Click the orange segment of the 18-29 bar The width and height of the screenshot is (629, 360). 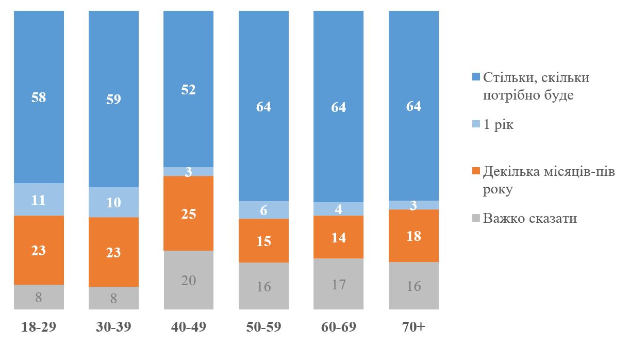click(39, 250)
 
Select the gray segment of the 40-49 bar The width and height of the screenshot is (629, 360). click(189, 280)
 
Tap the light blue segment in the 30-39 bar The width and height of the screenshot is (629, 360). click(114, 202)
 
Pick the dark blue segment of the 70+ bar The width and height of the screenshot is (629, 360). click(413, 106)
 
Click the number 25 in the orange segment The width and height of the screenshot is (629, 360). click(189, 214)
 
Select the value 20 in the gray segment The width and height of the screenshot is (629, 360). click(189, 281)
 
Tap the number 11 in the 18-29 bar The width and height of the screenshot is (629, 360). click(39, 200)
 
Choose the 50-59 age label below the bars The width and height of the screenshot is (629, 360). click(263, 328)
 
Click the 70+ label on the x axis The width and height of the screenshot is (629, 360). click(413, 328)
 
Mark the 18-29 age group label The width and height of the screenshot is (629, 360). click(39, 328)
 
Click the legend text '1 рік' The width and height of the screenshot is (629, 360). click(498, 125)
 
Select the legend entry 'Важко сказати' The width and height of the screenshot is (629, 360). click(529, 219)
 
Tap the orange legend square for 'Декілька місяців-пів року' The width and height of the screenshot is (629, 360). click(476, 171)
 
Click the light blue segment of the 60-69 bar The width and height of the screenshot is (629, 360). click(339, 209)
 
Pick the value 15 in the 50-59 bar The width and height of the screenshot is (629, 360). click(263, 241)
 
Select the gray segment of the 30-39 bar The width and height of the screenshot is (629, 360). click(114, 298)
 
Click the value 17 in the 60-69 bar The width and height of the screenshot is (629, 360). click(339, 284)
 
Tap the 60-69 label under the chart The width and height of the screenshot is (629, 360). click(339, 328)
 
